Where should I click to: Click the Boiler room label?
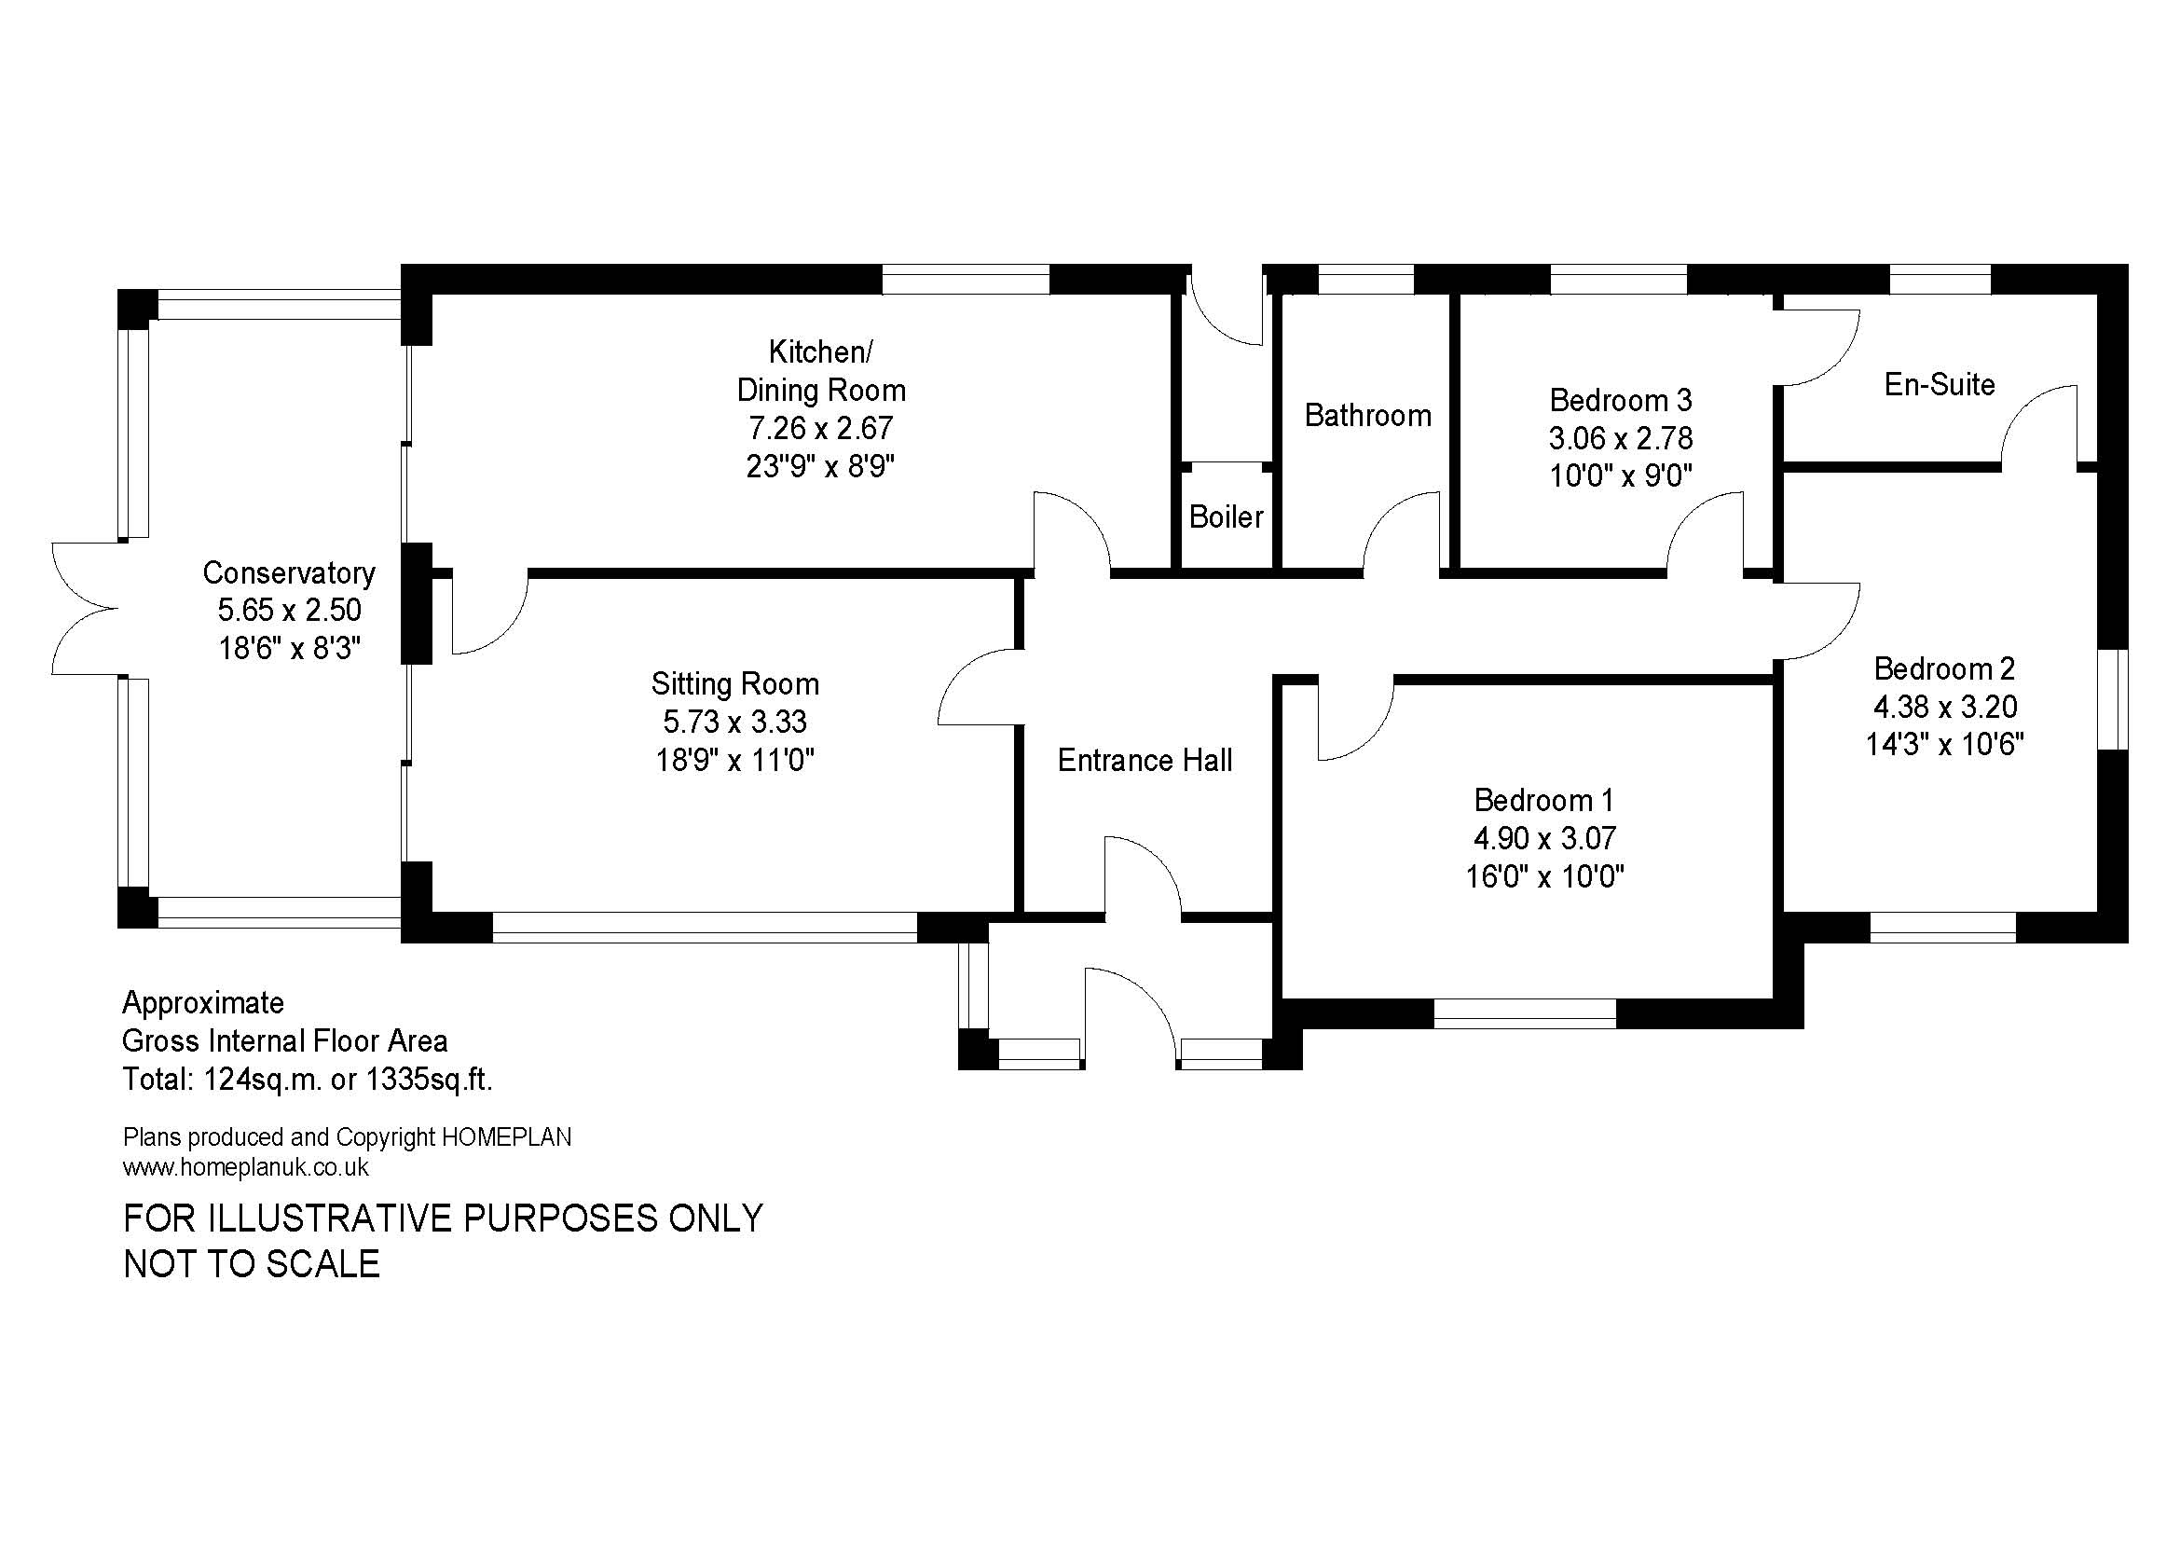pos(1226,516)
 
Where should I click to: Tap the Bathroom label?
pos(1367,415)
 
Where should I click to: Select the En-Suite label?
pos(1940,384)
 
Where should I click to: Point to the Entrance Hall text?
pos(1145,760)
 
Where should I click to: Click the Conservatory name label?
pos(289,572)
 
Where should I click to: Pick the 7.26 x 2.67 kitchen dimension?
pos(820,428)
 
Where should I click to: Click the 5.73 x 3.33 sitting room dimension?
pos(734,722)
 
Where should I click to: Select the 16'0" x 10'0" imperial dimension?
pos(1543,875)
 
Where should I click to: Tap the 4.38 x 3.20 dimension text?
pos(1944,707)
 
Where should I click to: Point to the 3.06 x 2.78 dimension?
pos(1621,438)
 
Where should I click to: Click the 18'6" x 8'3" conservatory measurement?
pos(290,648)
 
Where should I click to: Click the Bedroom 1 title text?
pos(1543,800)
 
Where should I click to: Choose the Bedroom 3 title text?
pos(1621,400)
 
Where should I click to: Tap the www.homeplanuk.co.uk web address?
pos(246,1167)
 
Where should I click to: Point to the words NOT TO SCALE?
pos(252,1264)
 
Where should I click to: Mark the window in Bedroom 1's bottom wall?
pos(1524,1013)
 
